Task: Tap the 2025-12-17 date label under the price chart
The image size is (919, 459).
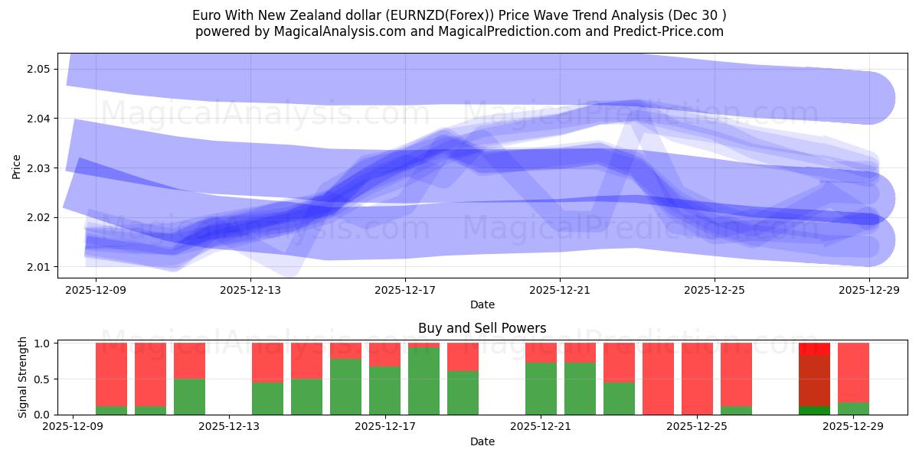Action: [405, 291]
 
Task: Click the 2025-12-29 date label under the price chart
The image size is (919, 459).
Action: [869, 291]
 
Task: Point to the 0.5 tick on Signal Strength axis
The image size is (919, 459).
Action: [43, 379]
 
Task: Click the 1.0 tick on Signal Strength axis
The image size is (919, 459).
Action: [43, 343]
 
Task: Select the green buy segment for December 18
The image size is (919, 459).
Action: [424, 381]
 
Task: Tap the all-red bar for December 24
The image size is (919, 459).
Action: [658, 379]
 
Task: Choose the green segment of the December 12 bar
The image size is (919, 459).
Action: [189, 396]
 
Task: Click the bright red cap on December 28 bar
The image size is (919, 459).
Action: [814, 349]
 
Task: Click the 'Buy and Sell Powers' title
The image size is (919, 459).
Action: [482, 328]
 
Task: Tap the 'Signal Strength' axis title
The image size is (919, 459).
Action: [22, 377]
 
